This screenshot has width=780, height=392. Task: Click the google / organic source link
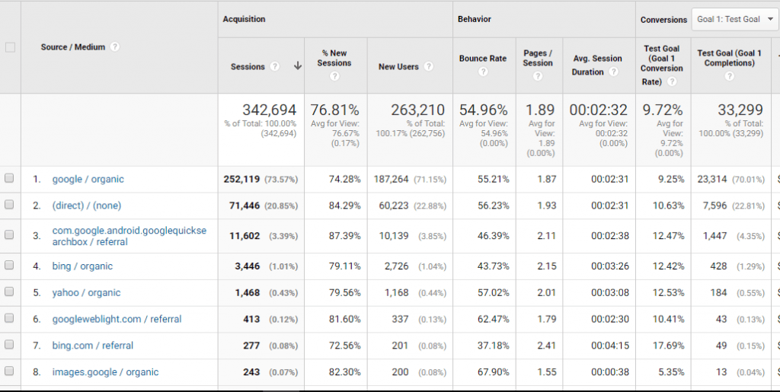(x=88, y=180)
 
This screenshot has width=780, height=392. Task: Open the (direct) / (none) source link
(x=86, y=206)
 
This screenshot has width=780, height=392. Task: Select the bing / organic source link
(x=82, y=266)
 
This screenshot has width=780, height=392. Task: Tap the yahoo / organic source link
(x=86, y=293)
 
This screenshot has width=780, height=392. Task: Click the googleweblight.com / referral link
(x=117, y=319)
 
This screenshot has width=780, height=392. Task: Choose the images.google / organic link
(x=105, y=372)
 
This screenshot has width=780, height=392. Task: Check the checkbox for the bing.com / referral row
(x=9, y=346)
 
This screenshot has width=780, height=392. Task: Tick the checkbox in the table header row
(x=10, y=47)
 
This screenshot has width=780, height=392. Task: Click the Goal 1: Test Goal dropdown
(x=734, y=20)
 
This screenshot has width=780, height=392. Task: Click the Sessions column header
(x=248, y=67)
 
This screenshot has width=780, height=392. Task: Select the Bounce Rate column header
(x=482, y=59)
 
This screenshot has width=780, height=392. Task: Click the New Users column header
(x=398, y=67)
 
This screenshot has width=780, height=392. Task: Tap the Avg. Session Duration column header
(x=596, y=59)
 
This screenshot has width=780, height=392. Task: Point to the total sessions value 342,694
(x=269, y=110)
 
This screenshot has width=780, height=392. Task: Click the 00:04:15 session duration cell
(x=609, y=346)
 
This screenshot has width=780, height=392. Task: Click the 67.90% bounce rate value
(x=491, y=372)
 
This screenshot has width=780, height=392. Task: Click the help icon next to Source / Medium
(x=115, y=47)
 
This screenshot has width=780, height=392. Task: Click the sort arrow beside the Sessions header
(x=297, y=67)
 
